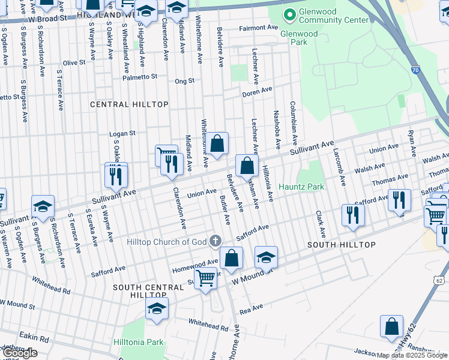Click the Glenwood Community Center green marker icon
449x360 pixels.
click(289, 14)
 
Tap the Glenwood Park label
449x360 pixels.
click(298, 34)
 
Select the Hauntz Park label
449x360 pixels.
click(301, 187)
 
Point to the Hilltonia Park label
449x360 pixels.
click(138, 342)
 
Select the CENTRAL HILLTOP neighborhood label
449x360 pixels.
click(129, 104)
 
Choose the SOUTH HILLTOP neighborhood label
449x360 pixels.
click(342, 245)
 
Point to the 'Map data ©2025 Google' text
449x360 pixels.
click(412, 355)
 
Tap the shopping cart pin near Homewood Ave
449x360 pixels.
click(206, 278)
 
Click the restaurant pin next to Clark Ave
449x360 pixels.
click(353, 215)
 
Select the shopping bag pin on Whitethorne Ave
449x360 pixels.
click(218, 144)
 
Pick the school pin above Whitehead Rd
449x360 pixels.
click(157, 309)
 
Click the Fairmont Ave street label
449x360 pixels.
click(258, 28)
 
